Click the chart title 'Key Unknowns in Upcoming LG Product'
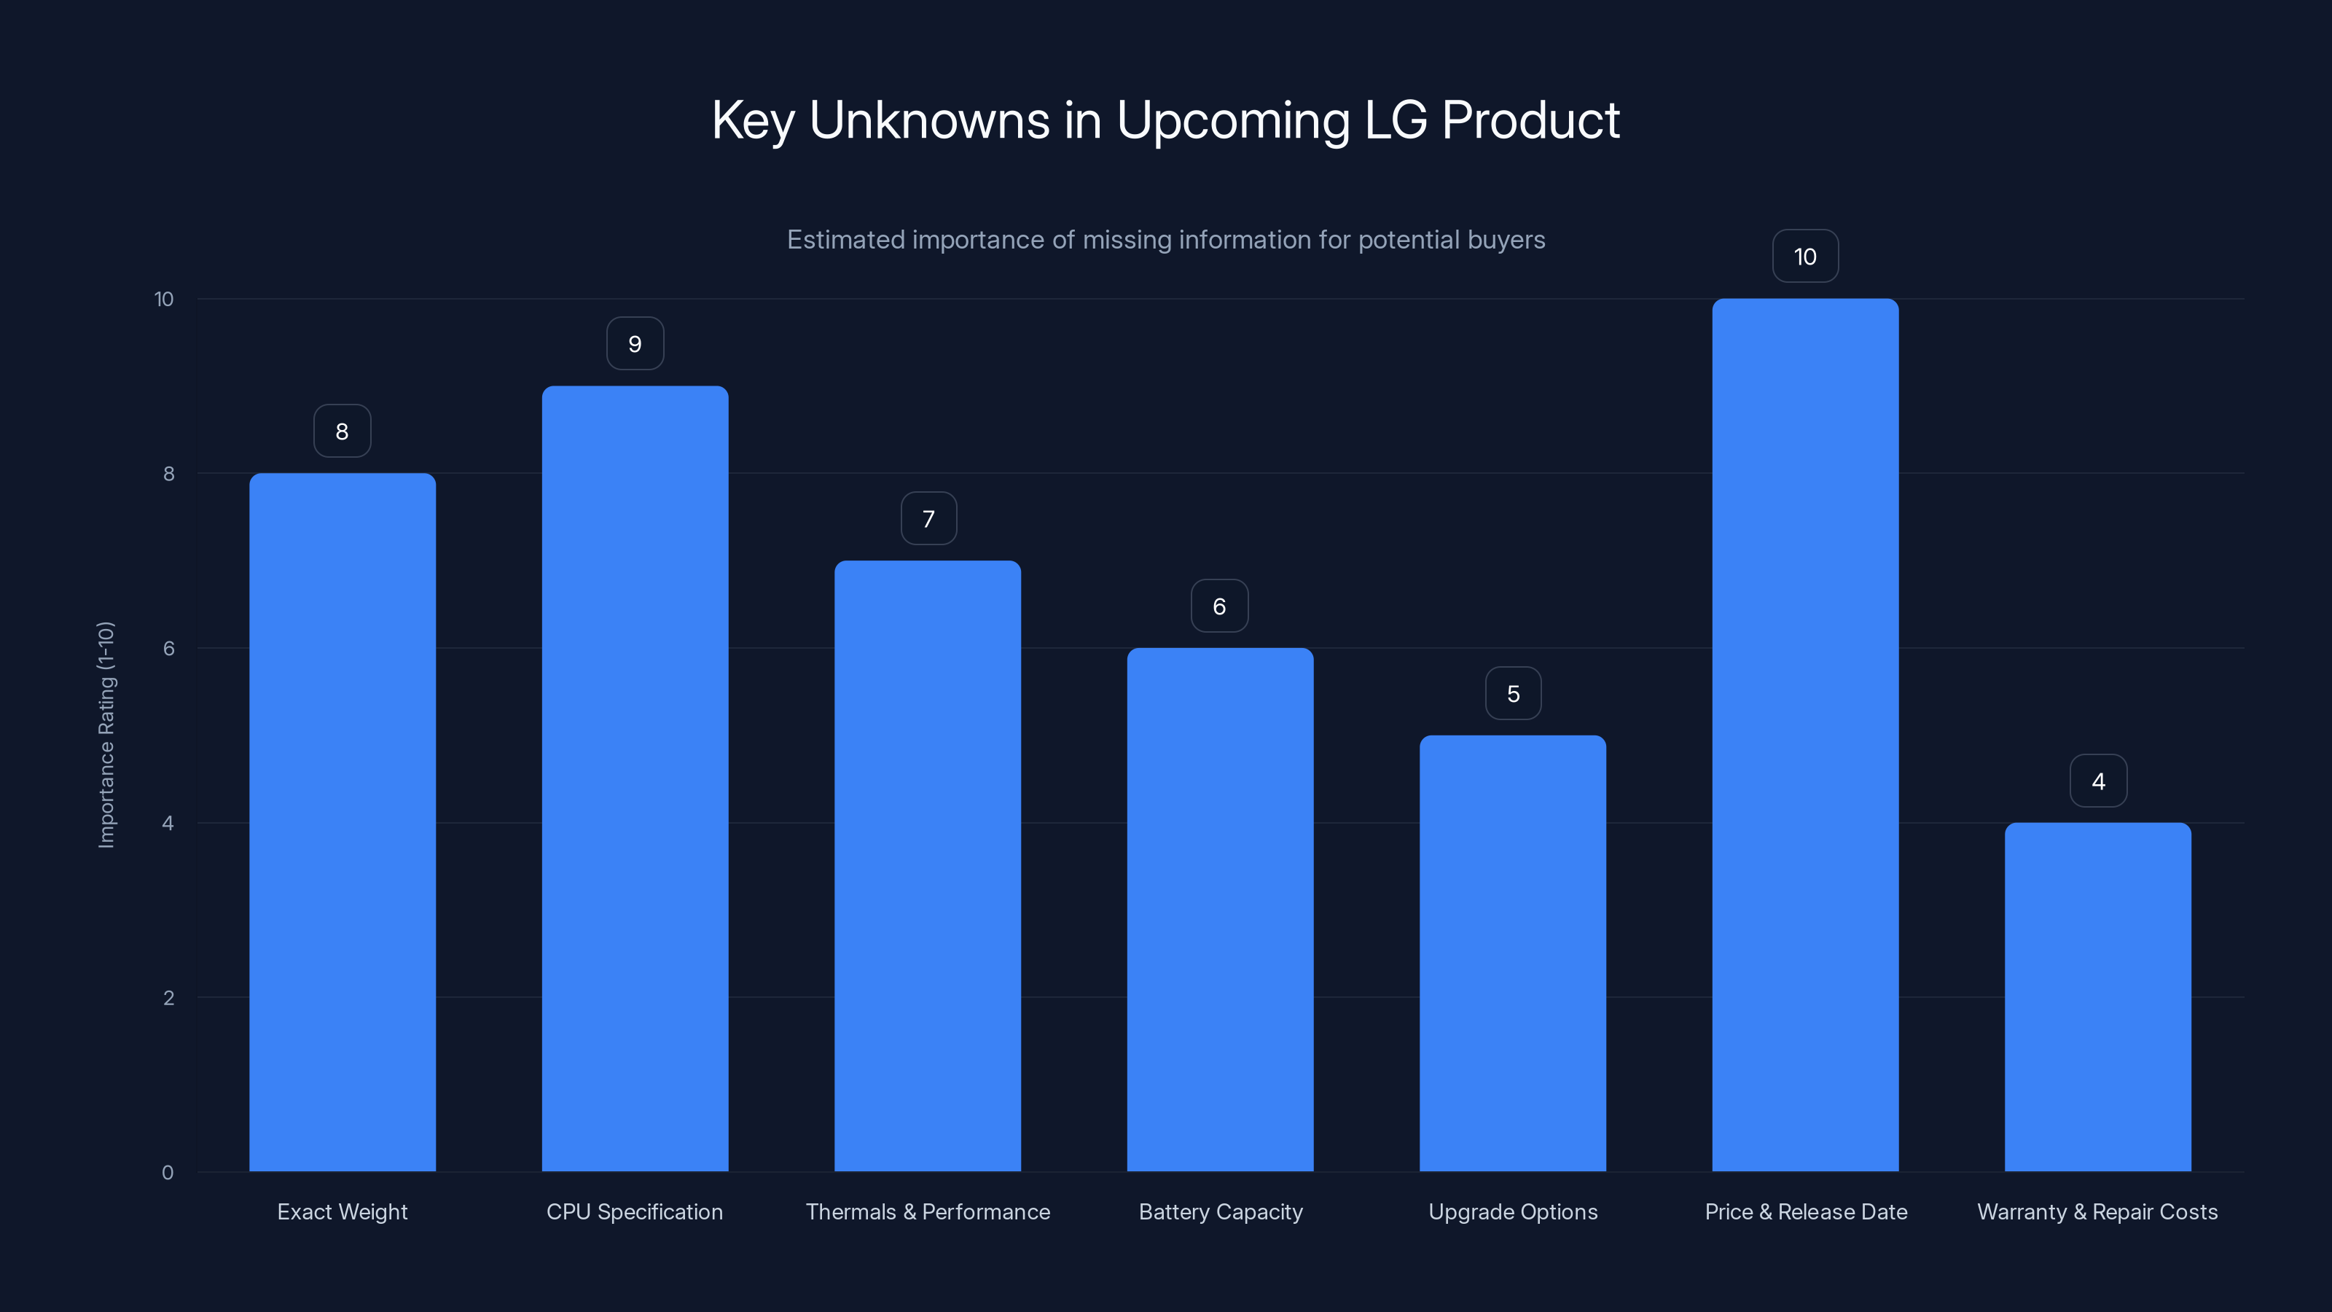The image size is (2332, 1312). pyautogui.click(x=1165, y=120)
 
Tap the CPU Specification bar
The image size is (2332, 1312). pyautogui.click(x=635, y=778)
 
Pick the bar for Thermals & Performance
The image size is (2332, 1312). pyautogui.click(x=927, y=866)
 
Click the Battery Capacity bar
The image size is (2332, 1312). pyautogui.click(x=1219, y=909)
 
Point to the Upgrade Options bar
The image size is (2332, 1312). pyautogui.click(x=1512, y=953)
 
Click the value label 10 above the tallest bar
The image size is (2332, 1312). pyautogui.click(x=1805, y=257)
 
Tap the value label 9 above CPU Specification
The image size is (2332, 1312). pyautogui.click(x=635, y=344)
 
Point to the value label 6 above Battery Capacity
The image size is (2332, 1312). pyautogui.click(x=1219, y=606)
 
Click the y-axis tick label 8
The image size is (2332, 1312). pyautogui.click(x=168, y=474)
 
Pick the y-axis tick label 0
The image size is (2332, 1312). pyautogui.click(x=168, y=1173)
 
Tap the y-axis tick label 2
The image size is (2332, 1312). pyautogui.click(x=168, y=998)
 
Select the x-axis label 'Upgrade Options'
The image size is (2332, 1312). pyautogui.click(x=1513, y=1211)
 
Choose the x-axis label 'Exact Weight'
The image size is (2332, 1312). pyautogui.click(x=343, y=1211)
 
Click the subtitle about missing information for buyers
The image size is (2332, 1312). pyautogui.click(x=1165, y=240)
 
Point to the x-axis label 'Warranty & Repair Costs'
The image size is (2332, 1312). pyautogui.click(x=2097, y=1211)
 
